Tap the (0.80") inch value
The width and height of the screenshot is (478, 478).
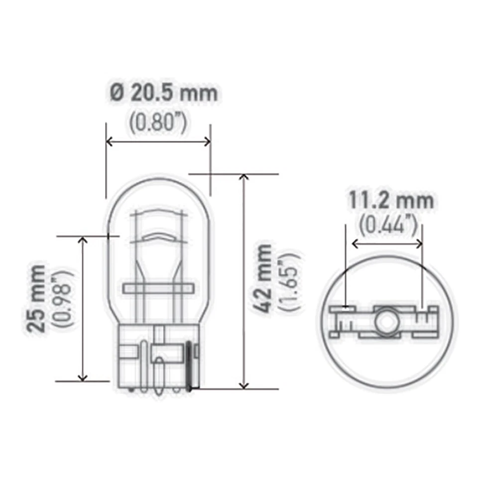pyautogui.click(x=158, y=123)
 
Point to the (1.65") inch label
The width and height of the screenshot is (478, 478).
pyautogui.click(x=289, y=282)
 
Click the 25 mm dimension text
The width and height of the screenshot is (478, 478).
pyautogui.click(x=37, y=298)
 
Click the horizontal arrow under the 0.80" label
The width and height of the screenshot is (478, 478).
pyautogui.click(x=158, y=142)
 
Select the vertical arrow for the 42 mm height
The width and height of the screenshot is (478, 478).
pyautogui.click(x=243, y=281)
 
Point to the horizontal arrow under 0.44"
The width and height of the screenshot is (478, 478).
pyautogui.click(x=387, y=244)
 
